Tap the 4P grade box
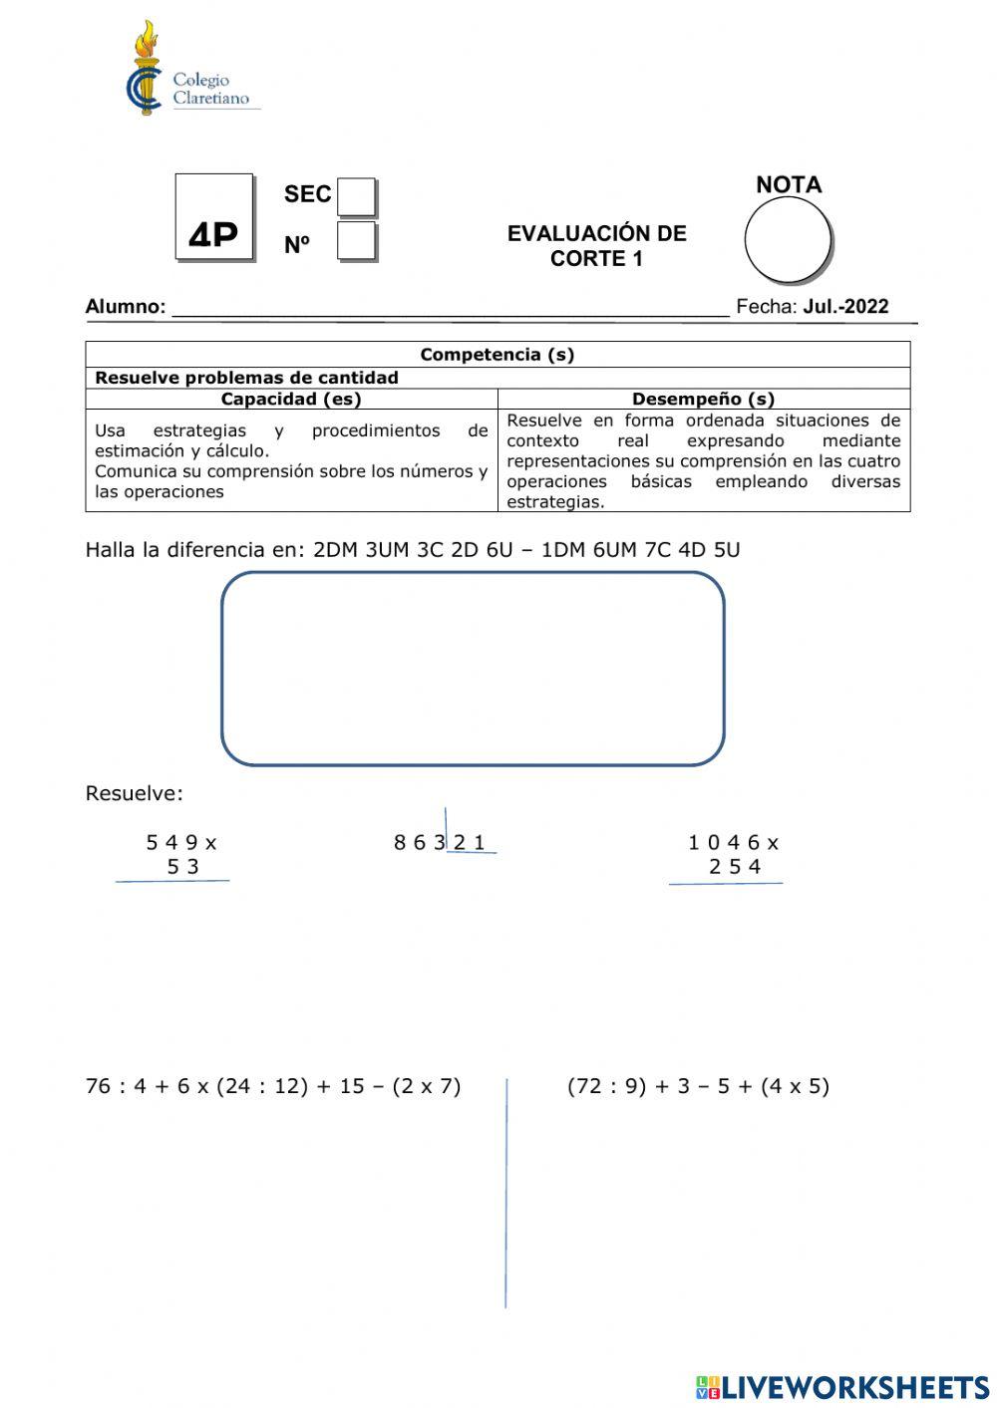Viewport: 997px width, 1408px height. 214,217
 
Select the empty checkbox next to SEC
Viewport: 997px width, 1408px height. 356,196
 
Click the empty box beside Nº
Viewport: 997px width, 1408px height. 356,241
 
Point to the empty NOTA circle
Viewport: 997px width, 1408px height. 788,240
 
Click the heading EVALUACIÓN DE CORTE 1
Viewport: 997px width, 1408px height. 596,246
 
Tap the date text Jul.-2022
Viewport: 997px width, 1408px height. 845,307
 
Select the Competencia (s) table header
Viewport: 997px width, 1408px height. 497,355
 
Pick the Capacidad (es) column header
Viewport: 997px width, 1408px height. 291,399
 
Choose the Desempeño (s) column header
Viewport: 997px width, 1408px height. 703,399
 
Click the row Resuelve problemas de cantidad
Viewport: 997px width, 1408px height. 246,378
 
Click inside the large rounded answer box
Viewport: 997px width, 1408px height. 473,669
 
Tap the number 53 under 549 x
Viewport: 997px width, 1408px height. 183,867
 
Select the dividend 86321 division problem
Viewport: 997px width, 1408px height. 440,843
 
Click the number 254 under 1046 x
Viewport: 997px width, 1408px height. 735,867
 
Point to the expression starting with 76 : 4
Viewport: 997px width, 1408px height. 273,1086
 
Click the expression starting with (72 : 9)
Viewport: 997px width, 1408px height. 698,1086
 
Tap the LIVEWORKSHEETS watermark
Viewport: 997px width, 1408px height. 842,1387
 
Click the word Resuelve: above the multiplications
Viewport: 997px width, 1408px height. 135,794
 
